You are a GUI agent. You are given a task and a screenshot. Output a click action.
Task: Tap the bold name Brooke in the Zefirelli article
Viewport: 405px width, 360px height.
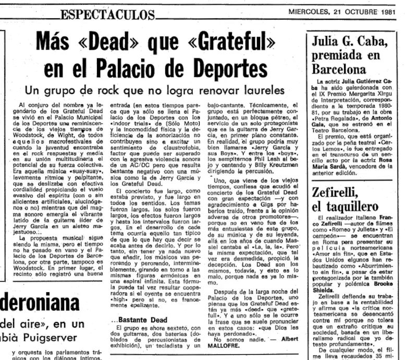[386, 285]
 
